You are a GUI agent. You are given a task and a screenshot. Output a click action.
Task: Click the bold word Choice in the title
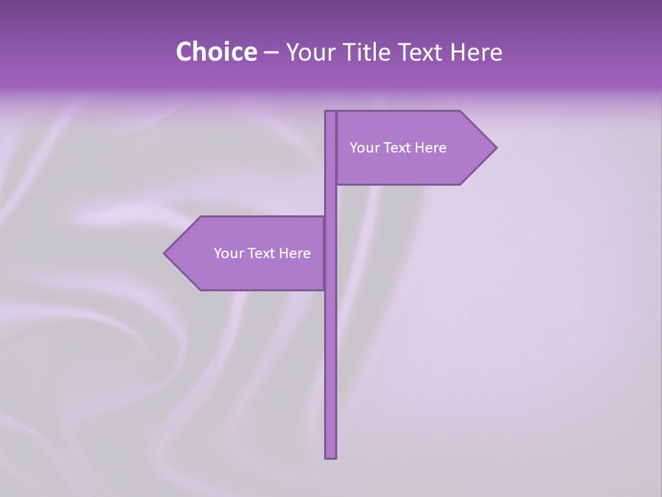[216, 52]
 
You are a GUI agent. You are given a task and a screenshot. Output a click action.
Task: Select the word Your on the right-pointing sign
[364, 148]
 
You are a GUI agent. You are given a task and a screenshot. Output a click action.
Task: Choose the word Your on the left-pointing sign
[228, 253]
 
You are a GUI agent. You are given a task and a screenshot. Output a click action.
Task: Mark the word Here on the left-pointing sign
[294, 253]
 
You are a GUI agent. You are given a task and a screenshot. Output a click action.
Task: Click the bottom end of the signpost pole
[331, 456]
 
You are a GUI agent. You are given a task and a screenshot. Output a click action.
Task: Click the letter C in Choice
[185, 52]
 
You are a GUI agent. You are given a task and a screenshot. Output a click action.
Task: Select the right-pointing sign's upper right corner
[459, 112]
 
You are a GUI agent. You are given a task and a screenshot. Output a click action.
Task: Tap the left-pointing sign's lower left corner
[201, 289]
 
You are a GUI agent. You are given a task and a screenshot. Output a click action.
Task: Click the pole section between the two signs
[331, 200]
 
